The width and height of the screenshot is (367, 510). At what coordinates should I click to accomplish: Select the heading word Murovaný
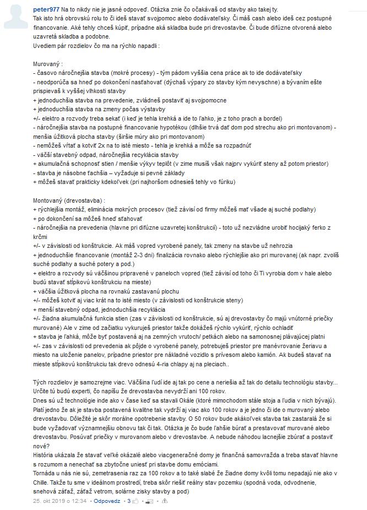pyautogui.click(x=47, y=64)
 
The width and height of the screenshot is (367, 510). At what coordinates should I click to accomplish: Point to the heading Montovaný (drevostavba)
pyautogui.click(x=69, y=201)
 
